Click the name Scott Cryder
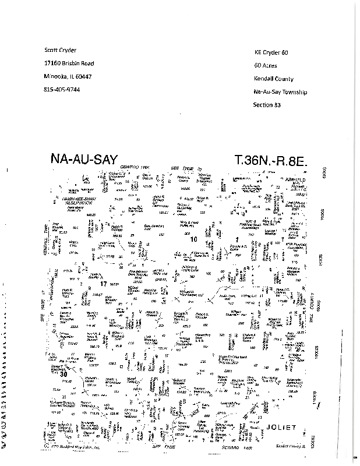(x=60, y=51)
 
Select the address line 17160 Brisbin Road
(x=69, y=63)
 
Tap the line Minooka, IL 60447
(x=67, y=76)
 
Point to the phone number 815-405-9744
(x=62, y=90)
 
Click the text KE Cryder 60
(x=271, y=52)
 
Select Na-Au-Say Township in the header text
(x=280, y=92)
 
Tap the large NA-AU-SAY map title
(x=84, y=158)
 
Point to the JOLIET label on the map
(x=281, y=428)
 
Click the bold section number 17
(x=104, y=284)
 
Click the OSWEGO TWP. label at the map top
(x=136, y=167)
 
